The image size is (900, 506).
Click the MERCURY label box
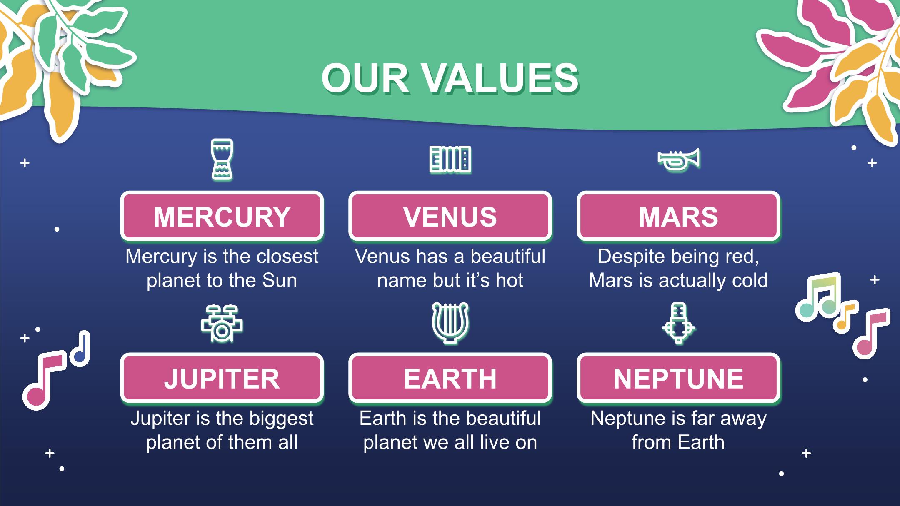222,216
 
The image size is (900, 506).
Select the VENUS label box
450,216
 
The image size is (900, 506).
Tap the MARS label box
678,216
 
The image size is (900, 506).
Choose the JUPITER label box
222,378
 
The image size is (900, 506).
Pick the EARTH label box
450,378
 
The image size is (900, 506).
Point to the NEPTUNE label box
678,378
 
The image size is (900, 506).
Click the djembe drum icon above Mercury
222,160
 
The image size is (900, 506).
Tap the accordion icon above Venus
450,159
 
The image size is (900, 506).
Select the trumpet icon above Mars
678,160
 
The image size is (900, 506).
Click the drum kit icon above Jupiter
222,324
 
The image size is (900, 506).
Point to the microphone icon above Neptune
678,323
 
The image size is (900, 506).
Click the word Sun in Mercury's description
280,280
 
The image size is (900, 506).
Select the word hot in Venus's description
509,280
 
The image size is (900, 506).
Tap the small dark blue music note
80,349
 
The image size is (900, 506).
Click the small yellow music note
845,316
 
